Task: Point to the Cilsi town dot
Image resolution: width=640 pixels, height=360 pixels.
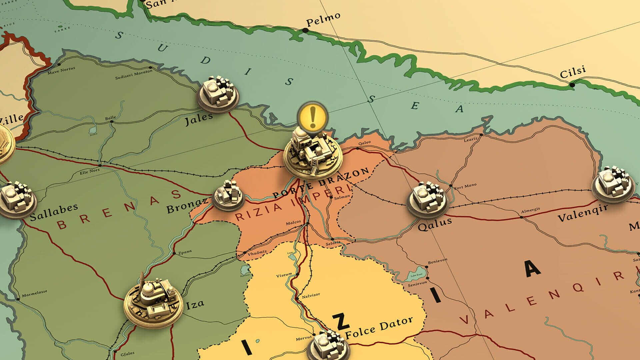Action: tap(572, 85)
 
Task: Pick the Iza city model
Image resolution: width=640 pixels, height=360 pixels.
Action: tap(153, 301)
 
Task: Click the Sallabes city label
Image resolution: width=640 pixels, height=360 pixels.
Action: tap(54, 212)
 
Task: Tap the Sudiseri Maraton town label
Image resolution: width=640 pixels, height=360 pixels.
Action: tap(133, 75)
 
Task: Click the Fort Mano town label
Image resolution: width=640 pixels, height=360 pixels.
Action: tap(466, 186)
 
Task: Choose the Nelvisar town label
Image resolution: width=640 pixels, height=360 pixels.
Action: tap(311, 295)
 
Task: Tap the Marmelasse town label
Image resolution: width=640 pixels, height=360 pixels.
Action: tap(34, 293)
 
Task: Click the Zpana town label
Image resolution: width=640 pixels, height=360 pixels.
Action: tap(185, 252)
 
